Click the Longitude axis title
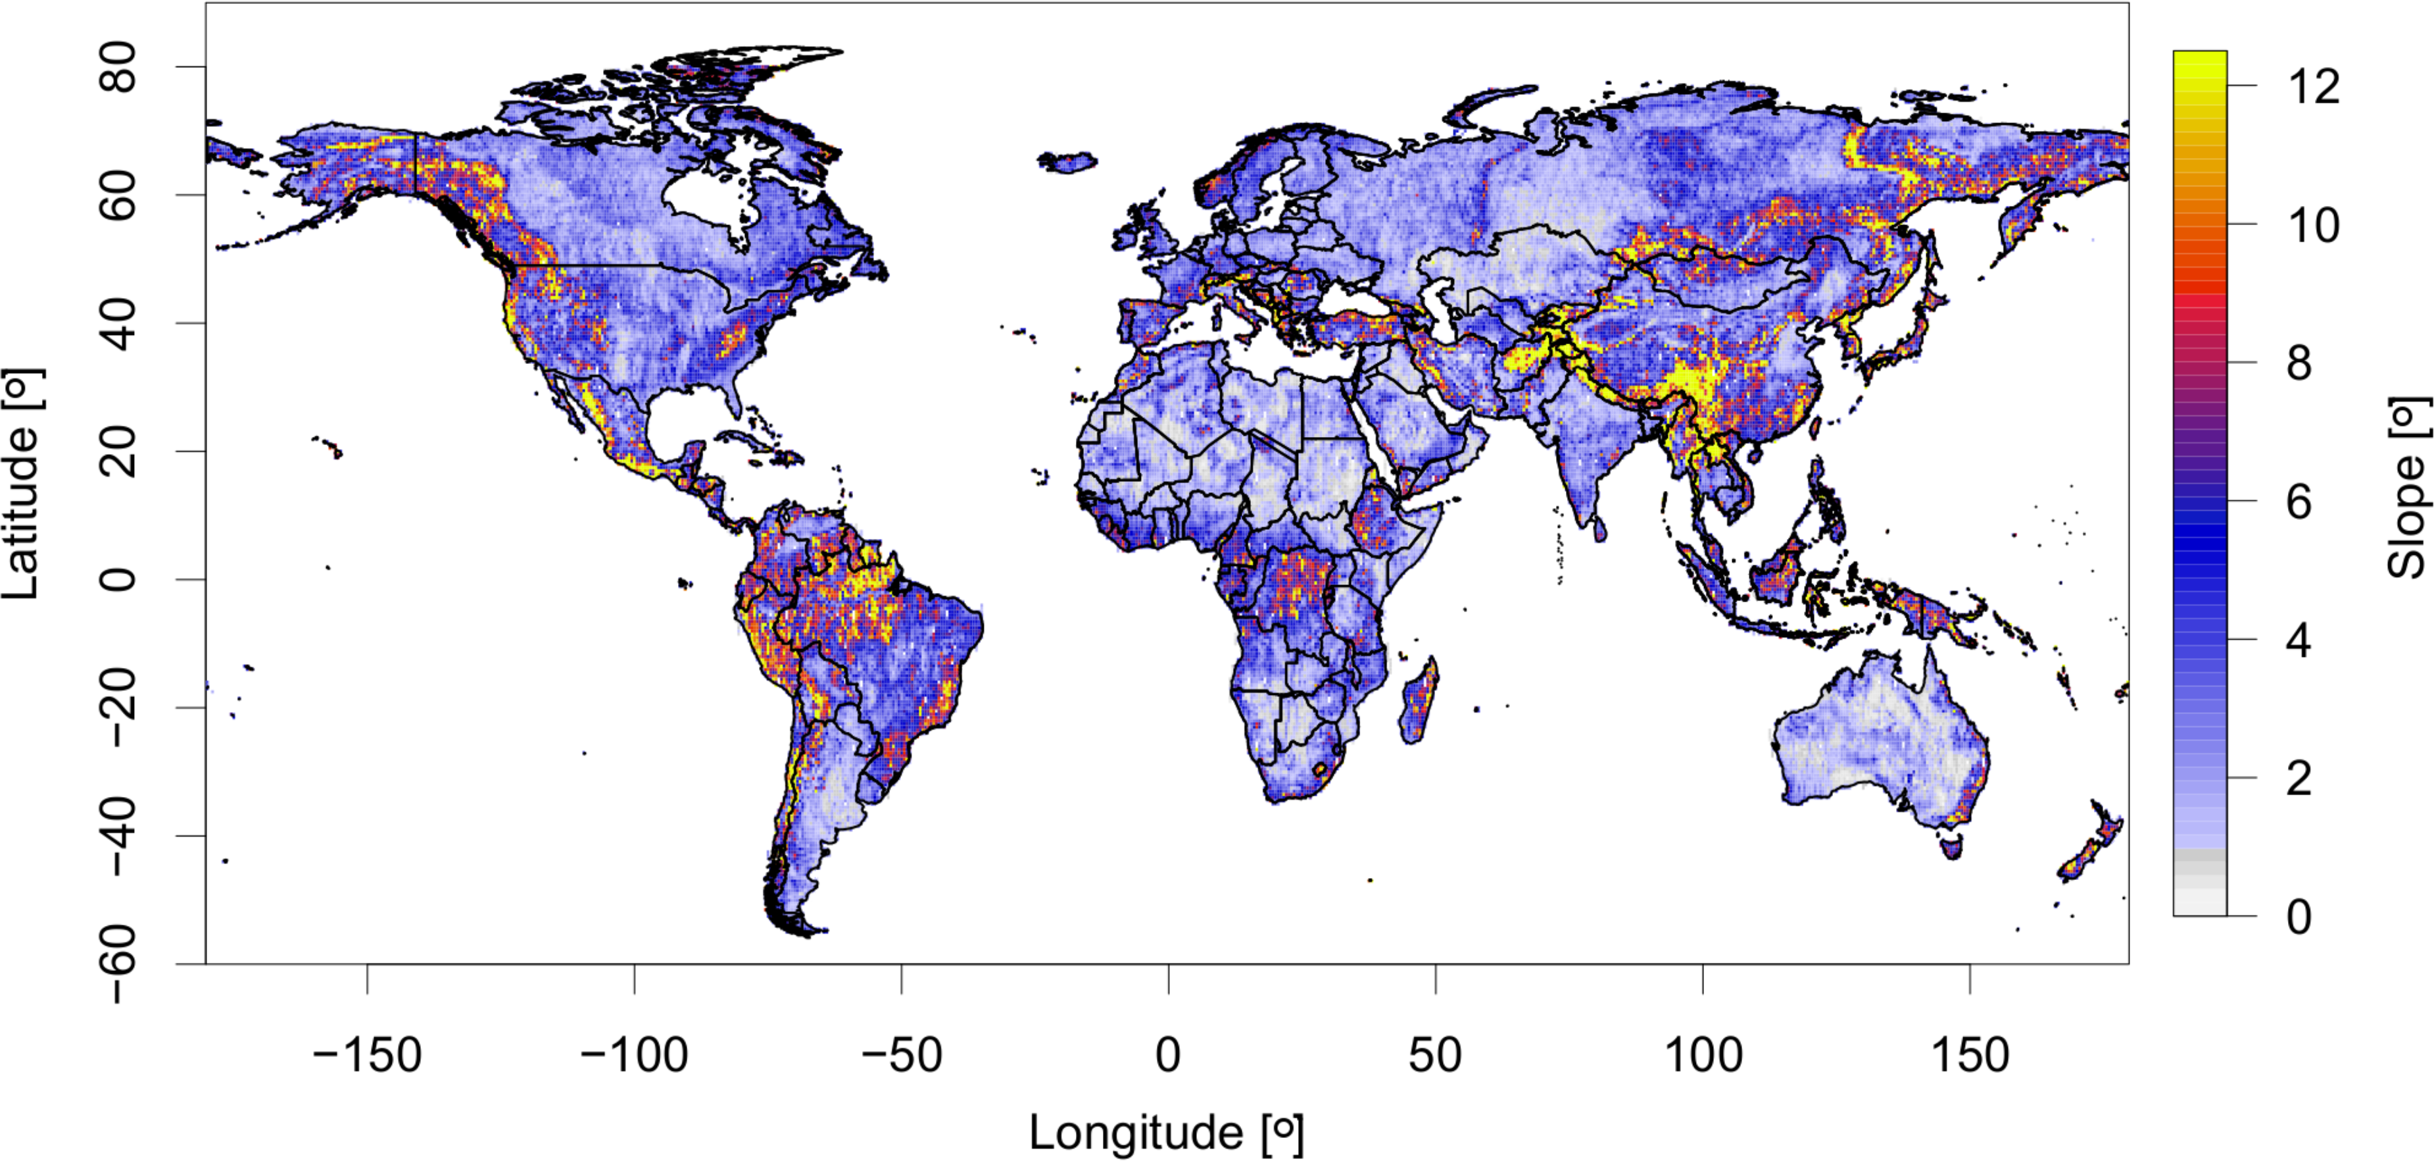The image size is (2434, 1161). tap(1166, 1133)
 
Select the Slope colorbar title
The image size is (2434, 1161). tap(2408, 487)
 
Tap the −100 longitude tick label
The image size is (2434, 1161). tap(634, 1055)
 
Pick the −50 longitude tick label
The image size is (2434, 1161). tap(902, 1055)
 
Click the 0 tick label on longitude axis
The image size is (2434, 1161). tap(1169, 1055)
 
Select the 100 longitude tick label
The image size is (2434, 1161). tap(1703, 1055)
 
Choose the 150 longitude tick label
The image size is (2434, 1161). tap(1970, 1055)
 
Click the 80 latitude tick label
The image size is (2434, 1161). tap(118, 66)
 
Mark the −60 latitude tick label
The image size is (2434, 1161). tap(118, 964)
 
